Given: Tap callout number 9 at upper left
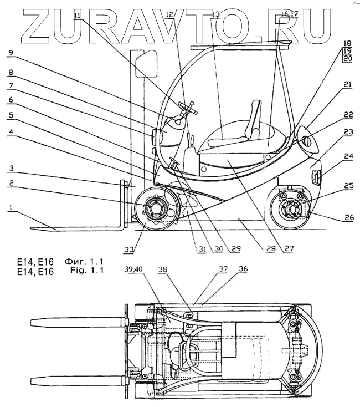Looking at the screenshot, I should [x=9, y=54].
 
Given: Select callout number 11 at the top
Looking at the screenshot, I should [x=77, y=16].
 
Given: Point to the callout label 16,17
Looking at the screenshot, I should [x=289, y=13].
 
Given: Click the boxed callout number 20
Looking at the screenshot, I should [x=347, y=58].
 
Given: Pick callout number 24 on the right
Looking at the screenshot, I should [x=347, y=156].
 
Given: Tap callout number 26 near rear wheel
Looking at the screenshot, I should [x=348, y=218].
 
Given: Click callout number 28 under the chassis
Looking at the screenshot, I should [x=270, y=249].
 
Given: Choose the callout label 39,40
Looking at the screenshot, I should [x=133, y=270].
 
